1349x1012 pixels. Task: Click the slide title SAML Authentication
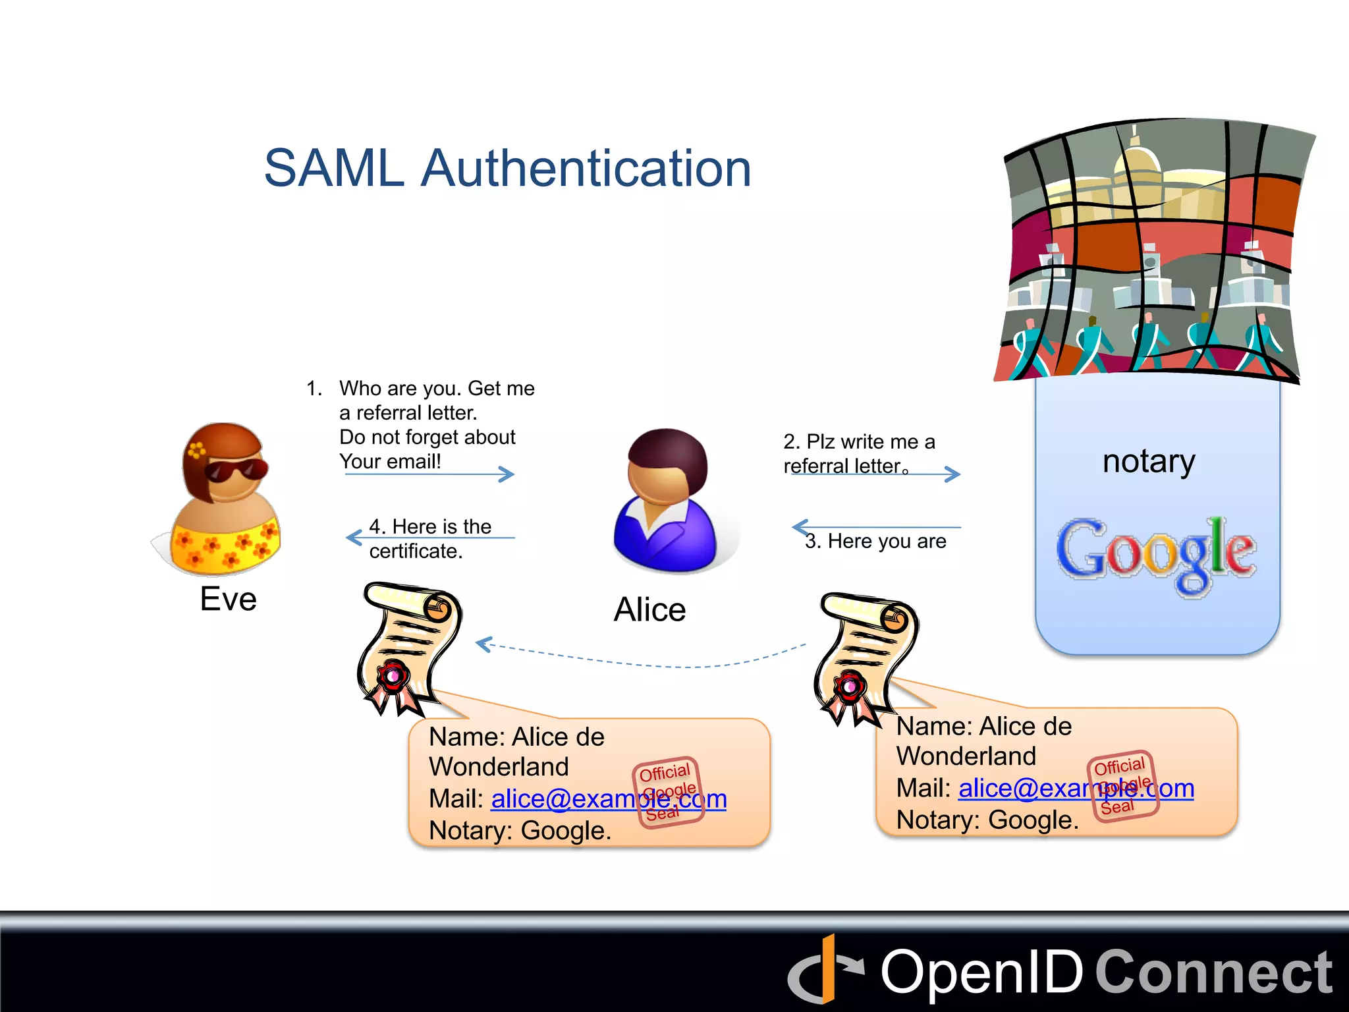pos(507,168)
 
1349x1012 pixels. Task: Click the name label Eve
pos(228,599)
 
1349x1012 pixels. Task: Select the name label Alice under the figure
pos(649,609)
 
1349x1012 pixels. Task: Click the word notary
pos(1149,461)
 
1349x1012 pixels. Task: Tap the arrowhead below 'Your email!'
pos(506,474)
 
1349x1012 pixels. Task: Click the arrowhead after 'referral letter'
pos(952,474)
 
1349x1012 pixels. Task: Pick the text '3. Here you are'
pos(875,541)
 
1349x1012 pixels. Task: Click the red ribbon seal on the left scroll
pos(393,679)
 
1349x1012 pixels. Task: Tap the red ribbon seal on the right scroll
pos(850,689)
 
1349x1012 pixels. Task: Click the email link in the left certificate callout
pos(609,799)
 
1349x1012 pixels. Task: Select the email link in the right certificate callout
pos(1076,789)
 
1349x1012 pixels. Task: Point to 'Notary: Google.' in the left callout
pos(520,831)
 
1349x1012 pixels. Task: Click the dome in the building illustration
pos(1137,161)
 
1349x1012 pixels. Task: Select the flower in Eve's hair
pos(196,450)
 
